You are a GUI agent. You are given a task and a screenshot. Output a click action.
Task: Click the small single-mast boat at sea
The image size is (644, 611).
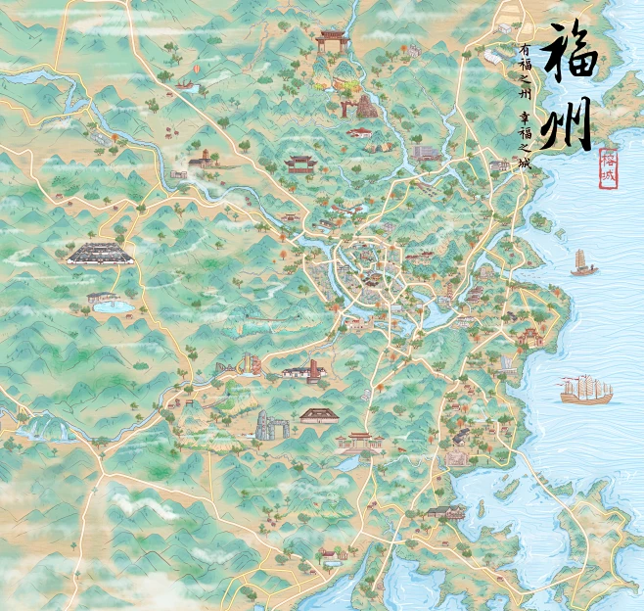(x=583, y=263)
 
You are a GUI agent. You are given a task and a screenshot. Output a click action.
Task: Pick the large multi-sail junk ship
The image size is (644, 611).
(x=586, y=390)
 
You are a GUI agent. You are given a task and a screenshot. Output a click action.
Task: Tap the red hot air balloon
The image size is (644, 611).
(x=196, y=70)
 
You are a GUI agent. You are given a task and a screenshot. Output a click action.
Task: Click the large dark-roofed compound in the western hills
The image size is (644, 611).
(x=100, y=254)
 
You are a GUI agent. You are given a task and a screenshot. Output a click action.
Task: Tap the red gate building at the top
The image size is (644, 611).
(x=331, y=41)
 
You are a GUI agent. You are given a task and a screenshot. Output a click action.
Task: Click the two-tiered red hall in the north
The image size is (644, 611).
(x=299, y=162)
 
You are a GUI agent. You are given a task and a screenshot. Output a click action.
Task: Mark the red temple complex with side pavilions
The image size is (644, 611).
(x=360, y=442)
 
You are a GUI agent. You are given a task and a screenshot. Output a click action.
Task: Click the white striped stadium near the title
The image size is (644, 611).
(x=427, y=153)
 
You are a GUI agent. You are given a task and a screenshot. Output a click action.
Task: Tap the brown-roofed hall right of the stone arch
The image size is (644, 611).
(x=318, y=416)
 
